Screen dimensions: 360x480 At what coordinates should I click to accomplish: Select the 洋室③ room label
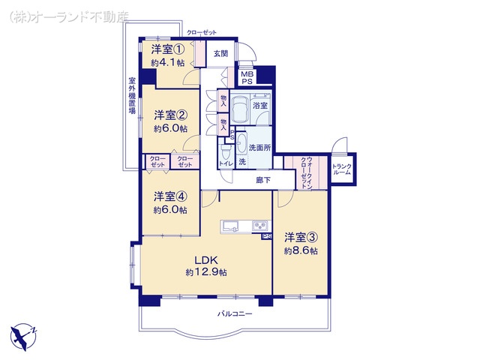click(300, 238)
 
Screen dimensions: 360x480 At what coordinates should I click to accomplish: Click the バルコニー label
click(235, 313)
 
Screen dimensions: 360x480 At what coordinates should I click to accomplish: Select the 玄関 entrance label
click(220, 53)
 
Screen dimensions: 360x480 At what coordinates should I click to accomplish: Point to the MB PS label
click(246, 77)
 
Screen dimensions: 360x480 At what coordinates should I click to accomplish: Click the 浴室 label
click(260, 106)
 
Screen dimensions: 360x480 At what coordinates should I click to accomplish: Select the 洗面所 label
click(259, 148)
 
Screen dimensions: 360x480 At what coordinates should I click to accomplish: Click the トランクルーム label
click(341, 169)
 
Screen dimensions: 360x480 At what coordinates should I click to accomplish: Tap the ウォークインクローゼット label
click(303, 172)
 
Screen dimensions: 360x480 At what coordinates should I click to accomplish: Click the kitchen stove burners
click(259, 225)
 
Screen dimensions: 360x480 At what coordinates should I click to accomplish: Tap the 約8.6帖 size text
click(300, 250)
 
